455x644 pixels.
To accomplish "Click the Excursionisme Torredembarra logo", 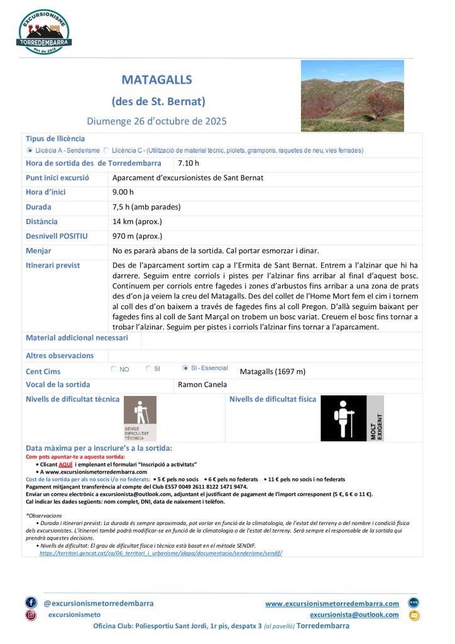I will (x=44, y=31).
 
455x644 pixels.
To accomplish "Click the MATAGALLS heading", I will (x=156, y=80).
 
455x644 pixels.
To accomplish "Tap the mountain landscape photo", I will (x=352, y=96).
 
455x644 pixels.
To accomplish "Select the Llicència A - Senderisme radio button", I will (x=30, y=150).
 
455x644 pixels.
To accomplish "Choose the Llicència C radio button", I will (x=106, y=150).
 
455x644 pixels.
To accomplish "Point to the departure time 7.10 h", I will (x=189, y=164).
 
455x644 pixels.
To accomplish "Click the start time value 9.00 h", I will (x=123, y=192).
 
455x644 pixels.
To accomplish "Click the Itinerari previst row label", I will (x=53, y=265).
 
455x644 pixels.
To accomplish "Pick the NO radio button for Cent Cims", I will (x=114, y=368).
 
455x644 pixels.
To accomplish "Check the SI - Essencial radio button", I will (x=185, y=368).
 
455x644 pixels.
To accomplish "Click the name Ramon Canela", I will (x=202, y=385).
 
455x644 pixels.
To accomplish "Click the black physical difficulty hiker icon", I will (x=343, y=418).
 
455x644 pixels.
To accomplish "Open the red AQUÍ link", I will (x=78, y=464).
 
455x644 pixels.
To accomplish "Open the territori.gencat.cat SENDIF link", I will (x=161, y=553).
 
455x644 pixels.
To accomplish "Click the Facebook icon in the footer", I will (x=31, y=602).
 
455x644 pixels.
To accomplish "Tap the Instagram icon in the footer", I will (x=31, y=615).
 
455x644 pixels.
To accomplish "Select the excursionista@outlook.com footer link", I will (x=354, y=614).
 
